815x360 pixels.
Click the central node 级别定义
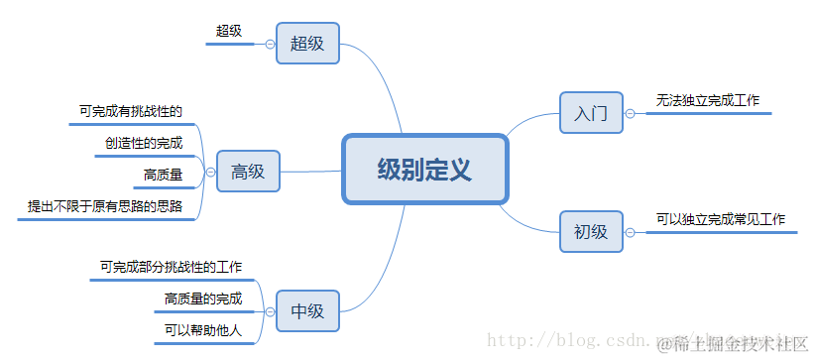tap(424, 170)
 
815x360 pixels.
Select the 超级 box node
tap(307, 44)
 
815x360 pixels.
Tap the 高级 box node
tap(248, 172)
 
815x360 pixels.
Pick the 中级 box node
tap(307, 310)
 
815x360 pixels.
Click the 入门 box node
tap(590, 113)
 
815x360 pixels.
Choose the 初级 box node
tap(590, 232)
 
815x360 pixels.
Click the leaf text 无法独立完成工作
tap(707, 101)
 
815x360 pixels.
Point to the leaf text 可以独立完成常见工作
tap(720, 219)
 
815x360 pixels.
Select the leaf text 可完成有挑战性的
tap(131, 111)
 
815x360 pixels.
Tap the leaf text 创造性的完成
tap(144, 143)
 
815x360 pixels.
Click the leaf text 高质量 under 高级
tap(163, 176)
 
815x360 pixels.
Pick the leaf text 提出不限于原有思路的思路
tap(105, 206)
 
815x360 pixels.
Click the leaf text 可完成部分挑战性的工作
tap(171, 267)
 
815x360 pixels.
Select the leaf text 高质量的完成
tap(202, 299)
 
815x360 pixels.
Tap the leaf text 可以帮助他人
tap(202, 329)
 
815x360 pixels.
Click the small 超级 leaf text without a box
tap(229, 31)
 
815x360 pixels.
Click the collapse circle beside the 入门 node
tap(630, 113)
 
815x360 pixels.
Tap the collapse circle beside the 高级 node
tap(210, 172)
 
